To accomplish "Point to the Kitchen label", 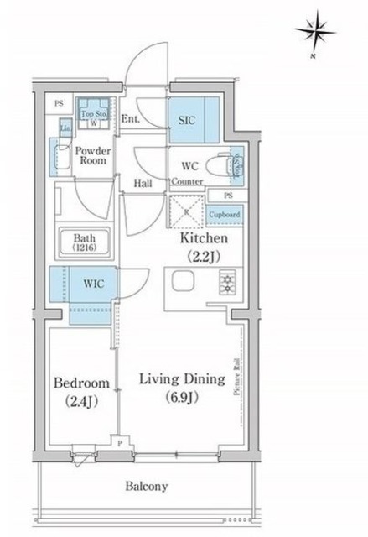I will pos(204,238).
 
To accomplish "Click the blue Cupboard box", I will pos(224,215).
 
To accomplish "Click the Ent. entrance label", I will pos(129,119).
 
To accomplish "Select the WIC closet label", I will pos(92,284).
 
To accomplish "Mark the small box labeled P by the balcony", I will pos(120,443).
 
